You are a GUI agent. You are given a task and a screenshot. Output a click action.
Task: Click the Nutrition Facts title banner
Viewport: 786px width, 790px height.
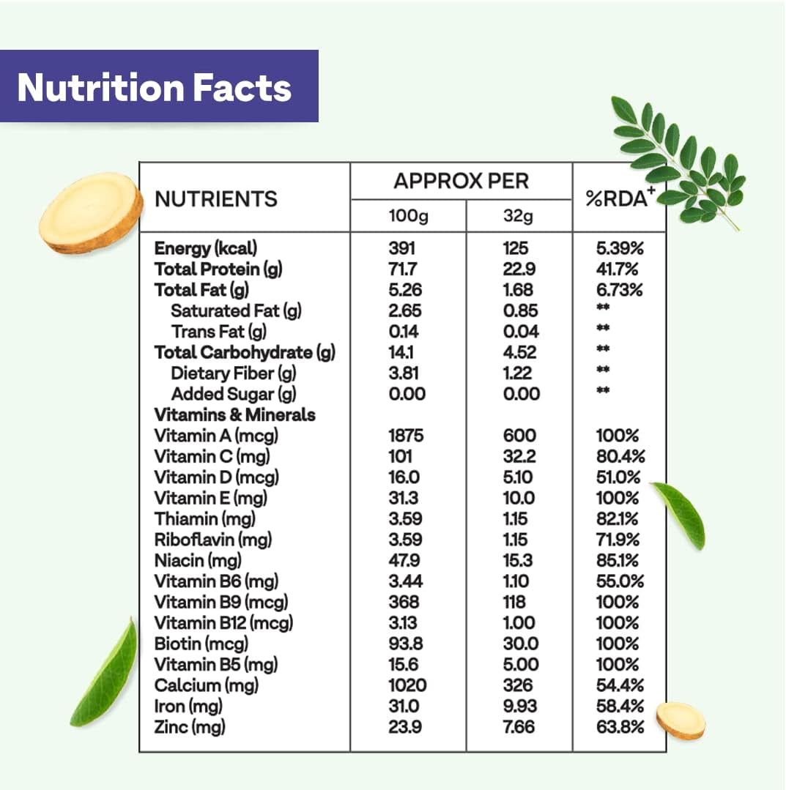pos(159,86)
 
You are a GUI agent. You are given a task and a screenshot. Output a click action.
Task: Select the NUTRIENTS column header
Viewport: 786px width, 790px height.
pos(216,198)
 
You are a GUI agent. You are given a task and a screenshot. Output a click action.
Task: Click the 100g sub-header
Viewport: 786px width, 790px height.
pos(408,217)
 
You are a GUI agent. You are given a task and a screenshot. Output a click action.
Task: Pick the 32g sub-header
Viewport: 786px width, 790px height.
pos(519,217)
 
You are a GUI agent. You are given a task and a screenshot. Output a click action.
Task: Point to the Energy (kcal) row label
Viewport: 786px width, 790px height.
pos(206,248)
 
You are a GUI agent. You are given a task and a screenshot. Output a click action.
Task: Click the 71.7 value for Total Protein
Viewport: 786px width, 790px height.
pos(404,269)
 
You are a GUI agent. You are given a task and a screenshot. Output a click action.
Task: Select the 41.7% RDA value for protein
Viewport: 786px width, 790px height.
pos(620,269)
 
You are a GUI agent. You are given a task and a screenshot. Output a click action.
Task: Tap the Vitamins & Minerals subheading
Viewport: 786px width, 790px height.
pos(234,415)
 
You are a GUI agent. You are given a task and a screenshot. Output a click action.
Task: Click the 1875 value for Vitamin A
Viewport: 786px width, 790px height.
pos(406,436)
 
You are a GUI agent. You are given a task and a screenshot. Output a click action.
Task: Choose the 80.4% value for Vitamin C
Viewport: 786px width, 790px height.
pos(620,456)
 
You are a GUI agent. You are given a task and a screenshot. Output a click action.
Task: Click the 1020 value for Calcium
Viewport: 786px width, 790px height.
pos(407,685)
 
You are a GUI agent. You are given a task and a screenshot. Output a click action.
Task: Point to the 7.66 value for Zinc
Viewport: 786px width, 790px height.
pos(519,727)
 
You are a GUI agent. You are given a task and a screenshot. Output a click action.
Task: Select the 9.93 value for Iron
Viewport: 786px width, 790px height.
pos(520,707)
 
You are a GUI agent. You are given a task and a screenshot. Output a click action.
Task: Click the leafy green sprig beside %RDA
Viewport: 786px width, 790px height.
pos(678,160)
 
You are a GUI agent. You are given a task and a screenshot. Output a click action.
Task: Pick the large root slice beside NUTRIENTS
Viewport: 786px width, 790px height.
pos(91,212)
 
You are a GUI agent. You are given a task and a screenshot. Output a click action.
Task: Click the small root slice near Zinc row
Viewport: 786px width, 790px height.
pos(681,720)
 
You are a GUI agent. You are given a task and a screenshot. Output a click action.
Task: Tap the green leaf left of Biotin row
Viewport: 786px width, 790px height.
pos(105,674)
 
